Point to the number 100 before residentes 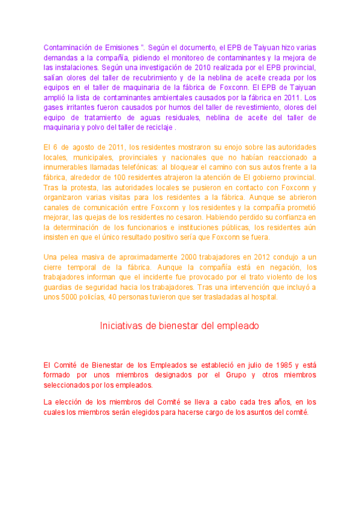128,177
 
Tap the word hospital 264,297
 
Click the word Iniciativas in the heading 119,326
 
